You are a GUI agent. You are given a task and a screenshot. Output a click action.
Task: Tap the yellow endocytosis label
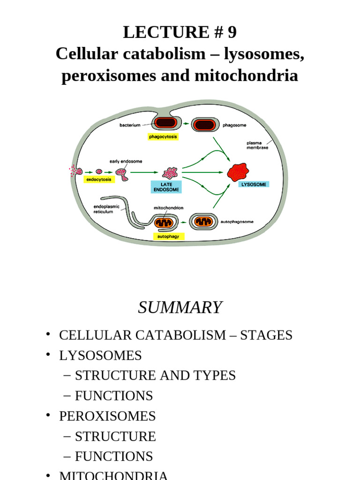(x=99, y=180)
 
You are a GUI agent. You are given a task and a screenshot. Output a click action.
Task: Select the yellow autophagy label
(x=169, y=236)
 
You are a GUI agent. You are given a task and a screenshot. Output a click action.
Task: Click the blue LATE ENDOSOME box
(x=166, y=187)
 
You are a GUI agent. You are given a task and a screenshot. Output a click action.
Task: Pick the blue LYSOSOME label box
(x=254, y=184)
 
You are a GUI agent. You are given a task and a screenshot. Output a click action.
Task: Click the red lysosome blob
(x=238, y=172)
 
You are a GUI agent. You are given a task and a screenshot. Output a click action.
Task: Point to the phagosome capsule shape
(x=205, y=125)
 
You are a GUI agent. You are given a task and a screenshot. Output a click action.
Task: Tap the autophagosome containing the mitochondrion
(x=203, y=222)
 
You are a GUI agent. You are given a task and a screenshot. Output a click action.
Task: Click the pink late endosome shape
(x=170, y=172)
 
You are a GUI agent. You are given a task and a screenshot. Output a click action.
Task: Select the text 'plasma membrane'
(x=257, y=145)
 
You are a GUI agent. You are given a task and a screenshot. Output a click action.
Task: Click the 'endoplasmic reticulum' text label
(x=106, y=209)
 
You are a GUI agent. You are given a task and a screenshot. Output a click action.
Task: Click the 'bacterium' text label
(x=130, y=125)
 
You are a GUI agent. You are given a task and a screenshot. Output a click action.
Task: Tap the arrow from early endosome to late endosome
(x=144, y=172)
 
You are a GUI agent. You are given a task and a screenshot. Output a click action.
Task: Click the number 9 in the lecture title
(x=232, y=32)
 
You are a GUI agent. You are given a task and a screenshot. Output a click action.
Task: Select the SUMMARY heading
(x=180, y=307)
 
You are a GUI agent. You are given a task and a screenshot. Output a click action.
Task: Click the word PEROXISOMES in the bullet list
(x=107, y=416)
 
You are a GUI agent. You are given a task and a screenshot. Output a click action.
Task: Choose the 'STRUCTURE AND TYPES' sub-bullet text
(x=155, y=375)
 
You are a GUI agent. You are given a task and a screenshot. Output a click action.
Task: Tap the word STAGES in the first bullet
(x=266, y=335)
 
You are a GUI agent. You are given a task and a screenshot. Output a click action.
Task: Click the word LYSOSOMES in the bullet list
(x=100, y=355)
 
